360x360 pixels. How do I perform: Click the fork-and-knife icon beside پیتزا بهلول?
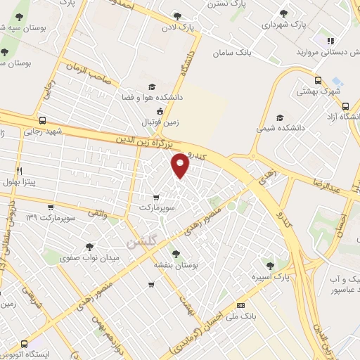tap(19, 171)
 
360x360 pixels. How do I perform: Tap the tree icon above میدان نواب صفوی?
tap(89, 247)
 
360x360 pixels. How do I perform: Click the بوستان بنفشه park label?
tap(176, 266)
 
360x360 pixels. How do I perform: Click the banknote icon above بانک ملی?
tap(241, 305)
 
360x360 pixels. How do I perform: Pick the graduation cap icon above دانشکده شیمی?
tap(281, 117)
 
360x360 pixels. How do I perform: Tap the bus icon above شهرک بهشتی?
tap(319, 80)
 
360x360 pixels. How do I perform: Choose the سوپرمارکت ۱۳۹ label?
tap(41, 217)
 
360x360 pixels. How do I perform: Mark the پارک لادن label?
tap(195, 27)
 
